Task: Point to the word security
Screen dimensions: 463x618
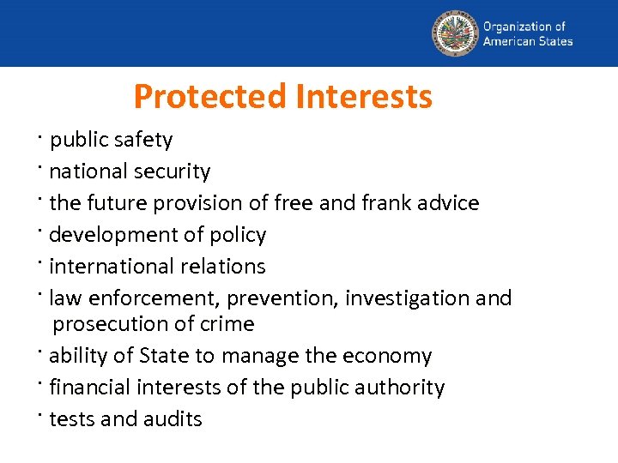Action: [172, 171]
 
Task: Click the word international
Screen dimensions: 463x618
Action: [106, 267]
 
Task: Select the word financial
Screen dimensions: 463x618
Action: [84, 388]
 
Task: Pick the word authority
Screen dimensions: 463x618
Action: [400, 388]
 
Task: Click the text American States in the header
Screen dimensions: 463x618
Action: [528, 41]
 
